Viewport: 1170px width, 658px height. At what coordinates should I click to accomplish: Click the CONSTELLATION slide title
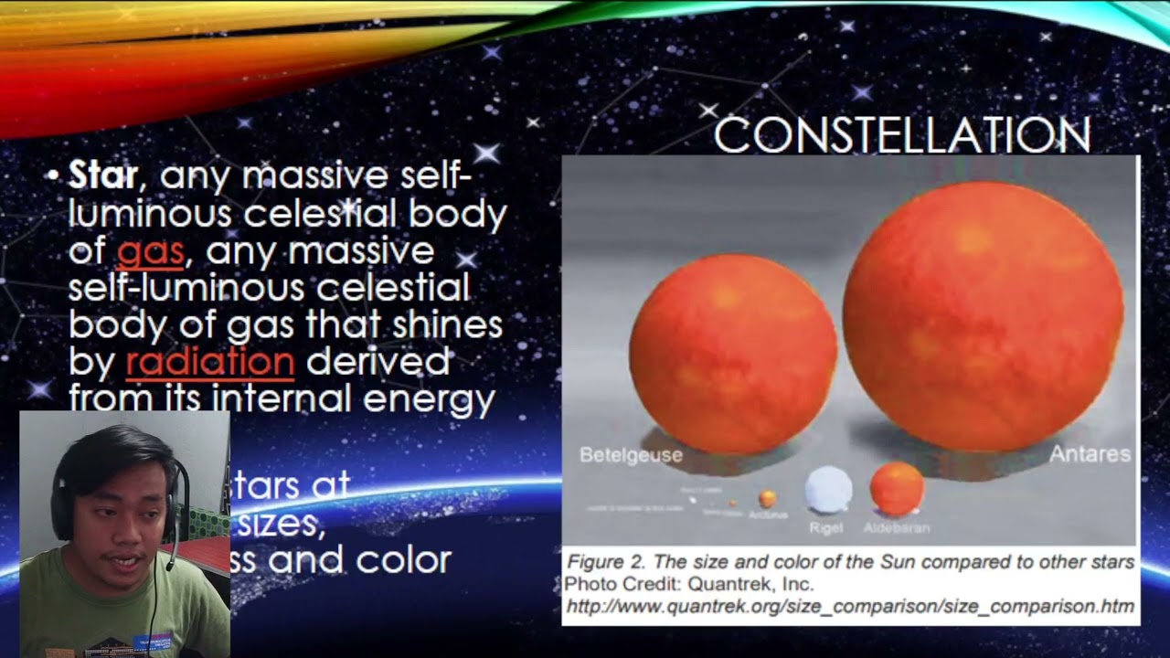coord(901,135)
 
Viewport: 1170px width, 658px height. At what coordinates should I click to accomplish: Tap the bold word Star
coord(103,175)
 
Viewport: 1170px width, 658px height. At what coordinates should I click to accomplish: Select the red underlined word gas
coord(151,250)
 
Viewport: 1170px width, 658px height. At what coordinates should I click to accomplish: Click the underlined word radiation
coord(210,362)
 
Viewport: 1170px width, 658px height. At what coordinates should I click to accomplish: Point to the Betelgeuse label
coord(631,455)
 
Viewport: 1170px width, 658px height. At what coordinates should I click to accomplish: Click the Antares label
coord(1090,454)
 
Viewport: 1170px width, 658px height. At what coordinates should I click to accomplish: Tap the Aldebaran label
coord(897,527)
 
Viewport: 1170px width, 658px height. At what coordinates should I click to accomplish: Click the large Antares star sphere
coord(983,315)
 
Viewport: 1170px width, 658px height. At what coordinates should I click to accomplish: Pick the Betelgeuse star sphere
coord(733,355)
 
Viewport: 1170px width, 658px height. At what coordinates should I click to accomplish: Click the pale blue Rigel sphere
coord(828,491)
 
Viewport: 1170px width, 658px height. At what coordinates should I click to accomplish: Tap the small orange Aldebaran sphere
coord(897,489)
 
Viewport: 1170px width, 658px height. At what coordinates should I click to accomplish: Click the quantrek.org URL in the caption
coord(850,606)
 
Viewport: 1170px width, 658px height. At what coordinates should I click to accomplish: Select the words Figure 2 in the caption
coord(600,562)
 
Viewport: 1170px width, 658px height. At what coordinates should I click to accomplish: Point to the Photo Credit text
coord(621,584)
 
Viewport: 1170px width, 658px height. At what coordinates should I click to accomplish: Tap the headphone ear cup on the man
coord(62,512)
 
